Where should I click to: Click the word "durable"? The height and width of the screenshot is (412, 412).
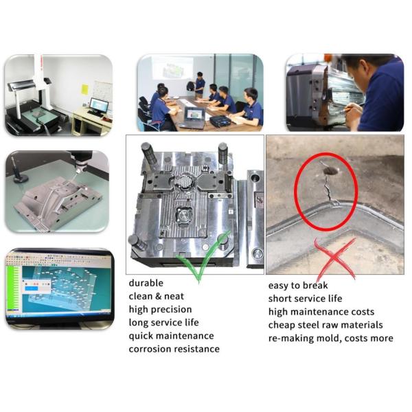[x=146, y=282]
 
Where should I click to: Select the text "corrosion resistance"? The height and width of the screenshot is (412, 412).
[x=174, y=349]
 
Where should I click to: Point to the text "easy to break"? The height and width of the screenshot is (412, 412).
[x=298, y=286]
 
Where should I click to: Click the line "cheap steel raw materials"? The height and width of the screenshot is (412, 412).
[x=325, y=325]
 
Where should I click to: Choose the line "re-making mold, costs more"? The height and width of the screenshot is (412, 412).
[x=330, y=338]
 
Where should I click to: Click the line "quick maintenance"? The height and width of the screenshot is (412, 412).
[x=171, y=336]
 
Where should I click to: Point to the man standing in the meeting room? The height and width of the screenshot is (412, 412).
[x=199, y=85]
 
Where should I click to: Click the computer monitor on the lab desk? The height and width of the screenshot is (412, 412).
[x=99, y=105]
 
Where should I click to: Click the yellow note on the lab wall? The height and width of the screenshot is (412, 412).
[x=84, y=89]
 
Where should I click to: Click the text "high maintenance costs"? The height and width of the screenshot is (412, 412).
[x=321, y=312]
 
